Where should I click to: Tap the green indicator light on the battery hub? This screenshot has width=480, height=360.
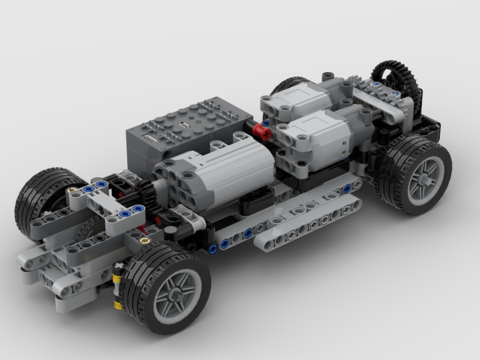pyautogui.click(x=199, y=126)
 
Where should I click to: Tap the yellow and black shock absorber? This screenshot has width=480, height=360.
pyautogui.click(x=118, y=287)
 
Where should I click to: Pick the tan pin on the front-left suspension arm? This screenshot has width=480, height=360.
pyautogui.click(x=73, y=190)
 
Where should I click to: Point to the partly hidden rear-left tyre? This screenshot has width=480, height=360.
pyautogui.click(x=288, y=84)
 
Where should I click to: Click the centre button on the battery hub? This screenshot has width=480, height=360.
pyautogui.click(x=181, y=126)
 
